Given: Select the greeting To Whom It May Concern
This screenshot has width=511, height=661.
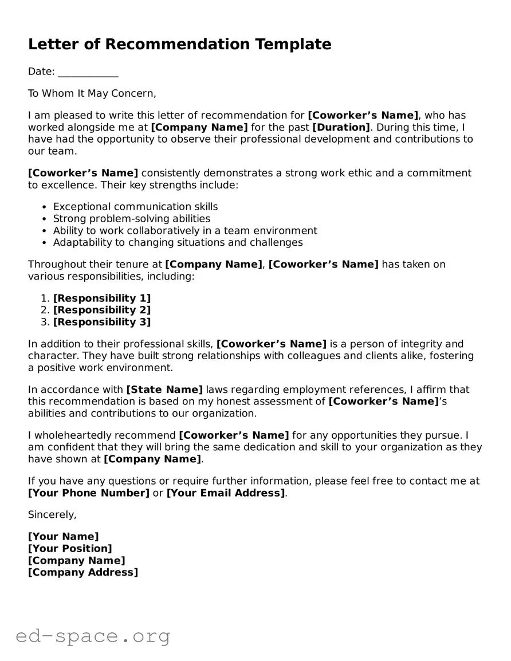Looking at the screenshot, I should coord(92,93).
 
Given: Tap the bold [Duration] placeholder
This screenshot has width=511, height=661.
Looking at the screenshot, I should coord(341,127).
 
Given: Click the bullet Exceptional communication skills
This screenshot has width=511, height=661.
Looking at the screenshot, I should coord(135,207).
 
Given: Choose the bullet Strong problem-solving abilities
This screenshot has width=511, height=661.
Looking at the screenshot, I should coord(132,219).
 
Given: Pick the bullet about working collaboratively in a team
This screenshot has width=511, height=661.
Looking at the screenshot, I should coord(185,231).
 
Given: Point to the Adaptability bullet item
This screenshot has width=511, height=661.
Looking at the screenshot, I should coord(178,242).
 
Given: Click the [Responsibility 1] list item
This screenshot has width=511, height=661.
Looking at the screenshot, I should coord(102,298).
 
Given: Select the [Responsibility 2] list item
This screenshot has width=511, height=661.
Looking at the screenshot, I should coord(102,310).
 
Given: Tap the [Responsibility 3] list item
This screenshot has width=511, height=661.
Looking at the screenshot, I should coord(102,322).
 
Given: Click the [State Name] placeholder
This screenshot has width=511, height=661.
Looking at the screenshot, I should coord(164,389).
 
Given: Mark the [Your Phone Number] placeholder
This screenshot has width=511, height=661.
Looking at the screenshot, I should coord(89,493).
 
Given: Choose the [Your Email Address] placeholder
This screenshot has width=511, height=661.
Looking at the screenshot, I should coord(226,493).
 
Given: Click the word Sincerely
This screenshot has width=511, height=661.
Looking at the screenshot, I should coord(52,515).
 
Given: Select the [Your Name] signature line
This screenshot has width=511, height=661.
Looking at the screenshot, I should coord(63,537).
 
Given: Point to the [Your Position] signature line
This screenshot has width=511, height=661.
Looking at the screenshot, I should coord(70,549).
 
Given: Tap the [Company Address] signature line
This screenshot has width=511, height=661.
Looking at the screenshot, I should coord(83,572).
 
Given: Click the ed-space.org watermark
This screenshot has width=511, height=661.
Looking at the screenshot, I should coord(93,636).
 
